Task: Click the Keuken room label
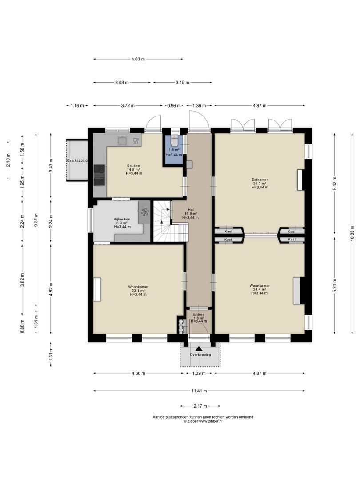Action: [x=134, y=166]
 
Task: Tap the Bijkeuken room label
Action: [x=122, y=219]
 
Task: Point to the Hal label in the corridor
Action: [x=190, y=210]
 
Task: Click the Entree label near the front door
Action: [x=199, y=314]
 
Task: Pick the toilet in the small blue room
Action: [x=174, y=141]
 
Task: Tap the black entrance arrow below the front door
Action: [x=199, y=348]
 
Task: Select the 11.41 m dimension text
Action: [x=199, y=391]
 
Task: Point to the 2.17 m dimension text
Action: [x=200, y=406]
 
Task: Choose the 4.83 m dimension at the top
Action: [x=138, y=59]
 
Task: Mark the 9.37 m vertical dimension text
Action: [x=36, y=220]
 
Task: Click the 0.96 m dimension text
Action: [x=174, y=106]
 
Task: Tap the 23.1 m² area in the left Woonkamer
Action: [x=138, y=291]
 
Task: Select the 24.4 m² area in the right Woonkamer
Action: [x=259, y=289]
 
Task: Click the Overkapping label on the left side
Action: [x=77, y=160]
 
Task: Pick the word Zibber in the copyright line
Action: [x=193, y=421]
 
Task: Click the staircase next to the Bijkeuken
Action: [x=170, y=221]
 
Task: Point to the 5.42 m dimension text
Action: [x=335, y=184]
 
